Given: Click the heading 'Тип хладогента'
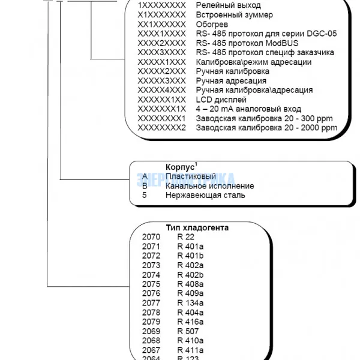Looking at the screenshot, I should (197, 228).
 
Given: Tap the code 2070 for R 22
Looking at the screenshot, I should (151, 237).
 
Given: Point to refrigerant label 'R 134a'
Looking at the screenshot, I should (190, 304).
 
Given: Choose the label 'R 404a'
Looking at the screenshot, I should (190, 313).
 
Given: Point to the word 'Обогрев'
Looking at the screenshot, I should (211, 24).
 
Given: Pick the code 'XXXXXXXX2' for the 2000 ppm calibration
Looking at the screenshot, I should (162, 128).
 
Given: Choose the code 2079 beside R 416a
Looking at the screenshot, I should (151, 322).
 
